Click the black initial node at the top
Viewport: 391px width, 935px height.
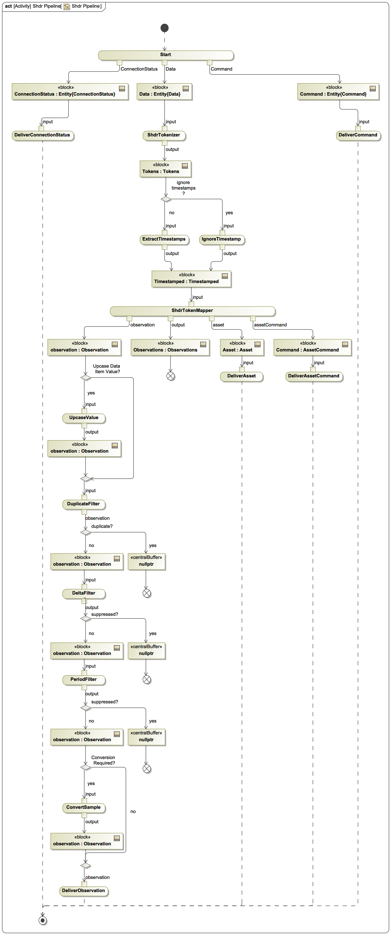tap(164, 28)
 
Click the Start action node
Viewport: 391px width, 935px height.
tap(166, 55)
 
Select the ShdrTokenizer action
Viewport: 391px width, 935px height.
tap(164, 135)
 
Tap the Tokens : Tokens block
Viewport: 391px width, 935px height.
tap(165, 169)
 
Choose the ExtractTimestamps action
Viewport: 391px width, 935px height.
tap(164, 239)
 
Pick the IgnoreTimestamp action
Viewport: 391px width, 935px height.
tap(221, 239)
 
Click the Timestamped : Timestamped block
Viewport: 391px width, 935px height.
tap(191, 279)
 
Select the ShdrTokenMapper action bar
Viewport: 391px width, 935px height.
tap(192, 311)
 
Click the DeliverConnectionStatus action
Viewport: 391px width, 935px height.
tap(42, 135)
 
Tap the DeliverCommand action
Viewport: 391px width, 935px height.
tap(358, 135)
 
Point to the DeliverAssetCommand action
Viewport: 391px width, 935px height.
tap(314, 376)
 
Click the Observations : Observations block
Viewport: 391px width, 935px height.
tap(170, 347)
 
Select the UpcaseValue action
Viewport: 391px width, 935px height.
tap(84, 418)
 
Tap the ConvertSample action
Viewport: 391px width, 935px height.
tap(84, 807)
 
